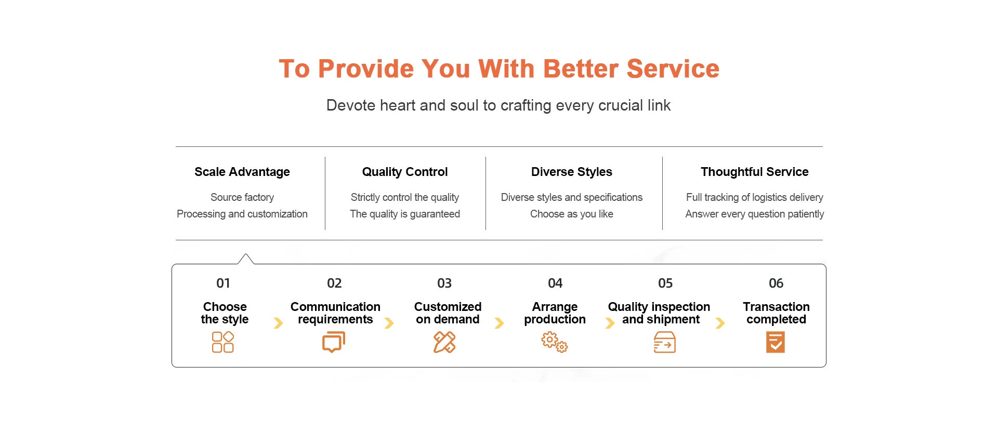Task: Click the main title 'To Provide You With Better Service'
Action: coord(499,69)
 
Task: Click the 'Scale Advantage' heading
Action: coord(242,172)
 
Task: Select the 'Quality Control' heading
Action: coord(405,172)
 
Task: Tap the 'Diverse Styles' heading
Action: coord(572,172)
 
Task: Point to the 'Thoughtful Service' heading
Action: coord(755,172)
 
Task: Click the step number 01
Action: coord(223,283)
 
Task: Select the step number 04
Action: coord(555,283)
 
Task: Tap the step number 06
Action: coord(776,283)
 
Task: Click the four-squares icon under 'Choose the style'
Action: coord(223,342)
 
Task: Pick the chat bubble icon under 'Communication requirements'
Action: coord(334,343)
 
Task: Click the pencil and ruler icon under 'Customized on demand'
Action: coord(444,342)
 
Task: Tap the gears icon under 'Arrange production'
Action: coord(555,342)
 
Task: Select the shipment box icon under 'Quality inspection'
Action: coord(665,343)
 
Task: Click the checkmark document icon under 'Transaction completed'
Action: coord(776,343)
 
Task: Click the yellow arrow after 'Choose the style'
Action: coord(279,323)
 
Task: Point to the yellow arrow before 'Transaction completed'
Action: coord(720,323)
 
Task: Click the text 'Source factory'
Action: coord(242,197)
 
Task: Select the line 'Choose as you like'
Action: coord(572,214)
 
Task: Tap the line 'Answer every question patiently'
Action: coord(755,214)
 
